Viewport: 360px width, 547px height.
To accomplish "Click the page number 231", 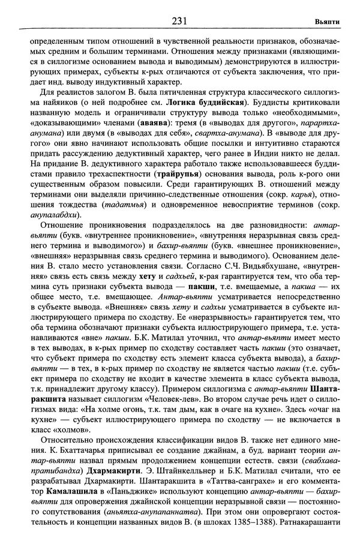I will (180, 22).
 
